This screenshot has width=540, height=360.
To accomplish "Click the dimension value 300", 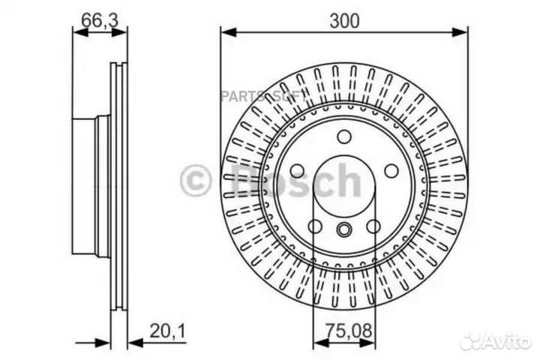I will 344,22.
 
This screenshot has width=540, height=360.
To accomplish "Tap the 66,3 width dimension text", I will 94,21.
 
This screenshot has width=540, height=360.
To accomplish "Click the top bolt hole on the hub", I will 344,136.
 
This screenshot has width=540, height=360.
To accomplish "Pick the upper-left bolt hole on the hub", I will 298,170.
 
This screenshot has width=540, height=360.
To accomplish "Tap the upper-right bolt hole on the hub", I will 391,170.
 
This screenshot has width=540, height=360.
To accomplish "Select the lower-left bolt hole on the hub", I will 316,226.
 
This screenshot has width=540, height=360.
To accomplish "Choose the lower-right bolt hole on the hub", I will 373,226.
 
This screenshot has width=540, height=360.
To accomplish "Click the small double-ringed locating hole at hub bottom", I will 344,229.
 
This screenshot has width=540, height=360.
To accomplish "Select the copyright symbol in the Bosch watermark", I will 196,181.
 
